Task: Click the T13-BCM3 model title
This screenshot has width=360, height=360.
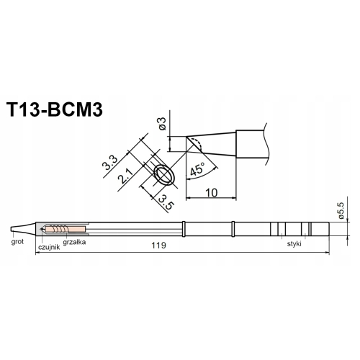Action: pos(55,110)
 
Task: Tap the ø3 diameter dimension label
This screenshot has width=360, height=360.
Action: pos(163,123)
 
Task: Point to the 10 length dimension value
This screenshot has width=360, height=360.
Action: pos(212,192)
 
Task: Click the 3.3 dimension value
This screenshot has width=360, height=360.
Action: pos(109,163)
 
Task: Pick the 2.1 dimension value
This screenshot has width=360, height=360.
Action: pos(125,176)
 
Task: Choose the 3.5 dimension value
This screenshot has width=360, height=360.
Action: pos(167,202)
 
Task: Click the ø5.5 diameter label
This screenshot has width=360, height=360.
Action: pos(341,210)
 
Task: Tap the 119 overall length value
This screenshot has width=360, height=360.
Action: pos(159,246)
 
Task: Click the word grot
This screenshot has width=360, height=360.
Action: pos(17,241)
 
